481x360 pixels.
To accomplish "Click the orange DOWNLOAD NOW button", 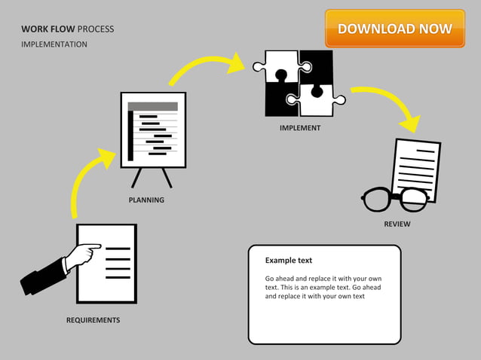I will (x=394, y=29).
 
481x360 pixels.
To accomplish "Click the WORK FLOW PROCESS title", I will (x=68, y=29).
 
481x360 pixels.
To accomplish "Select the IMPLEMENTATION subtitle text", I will (x=54, y=44).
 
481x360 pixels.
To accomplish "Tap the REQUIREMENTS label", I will (x=93, y=320).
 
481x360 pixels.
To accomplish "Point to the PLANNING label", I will (x=146, y=200).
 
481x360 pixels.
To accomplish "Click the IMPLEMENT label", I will (x=299, y=128).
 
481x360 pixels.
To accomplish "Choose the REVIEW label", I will (x=397, y=224).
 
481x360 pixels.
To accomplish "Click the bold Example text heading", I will (x=288, y=261).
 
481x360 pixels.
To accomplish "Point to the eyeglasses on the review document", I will (x=395, y=200).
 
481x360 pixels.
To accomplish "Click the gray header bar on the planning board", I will (x=153, y=106).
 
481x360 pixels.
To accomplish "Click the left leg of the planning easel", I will (x=137, y=178).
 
